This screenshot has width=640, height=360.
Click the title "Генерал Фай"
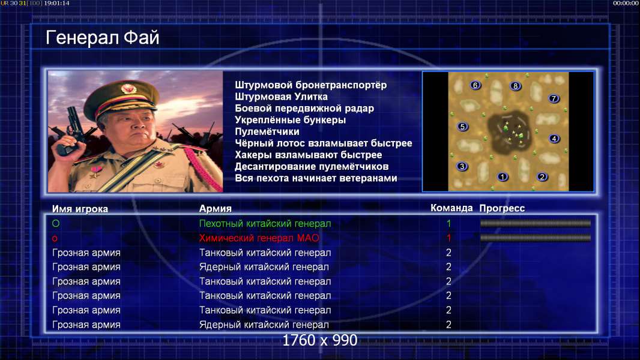[102, 38]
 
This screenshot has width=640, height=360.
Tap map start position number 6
[475, 85]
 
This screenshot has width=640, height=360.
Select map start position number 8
[516, 86]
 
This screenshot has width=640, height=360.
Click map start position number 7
[554, 98]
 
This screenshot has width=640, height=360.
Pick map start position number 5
[462, 127]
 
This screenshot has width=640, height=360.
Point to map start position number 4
[554, 139]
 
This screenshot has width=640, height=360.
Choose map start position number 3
[462, 166]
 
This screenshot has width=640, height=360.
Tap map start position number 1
[503, 176]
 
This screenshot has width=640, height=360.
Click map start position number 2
[542, 176]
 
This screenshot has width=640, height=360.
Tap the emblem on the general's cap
[128, 88]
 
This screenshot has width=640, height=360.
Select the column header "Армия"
[215, 209]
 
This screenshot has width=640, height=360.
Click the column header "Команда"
[451, 208]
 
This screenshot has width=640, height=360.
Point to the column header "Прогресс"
[502, 208]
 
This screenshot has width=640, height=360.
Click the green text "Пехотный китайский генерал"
[265, 223]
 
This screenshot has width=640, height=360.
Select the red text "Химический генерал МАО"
[259, 238]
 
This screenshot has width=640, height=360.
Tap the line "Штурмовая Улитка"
[281, 97]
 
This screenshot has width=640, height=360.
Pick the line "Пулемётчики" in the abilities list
[267, 131]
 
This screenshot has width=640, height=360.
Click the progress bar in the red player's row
[536, 238]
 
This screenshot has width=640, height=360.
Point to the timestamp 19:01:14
[56, 3]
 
